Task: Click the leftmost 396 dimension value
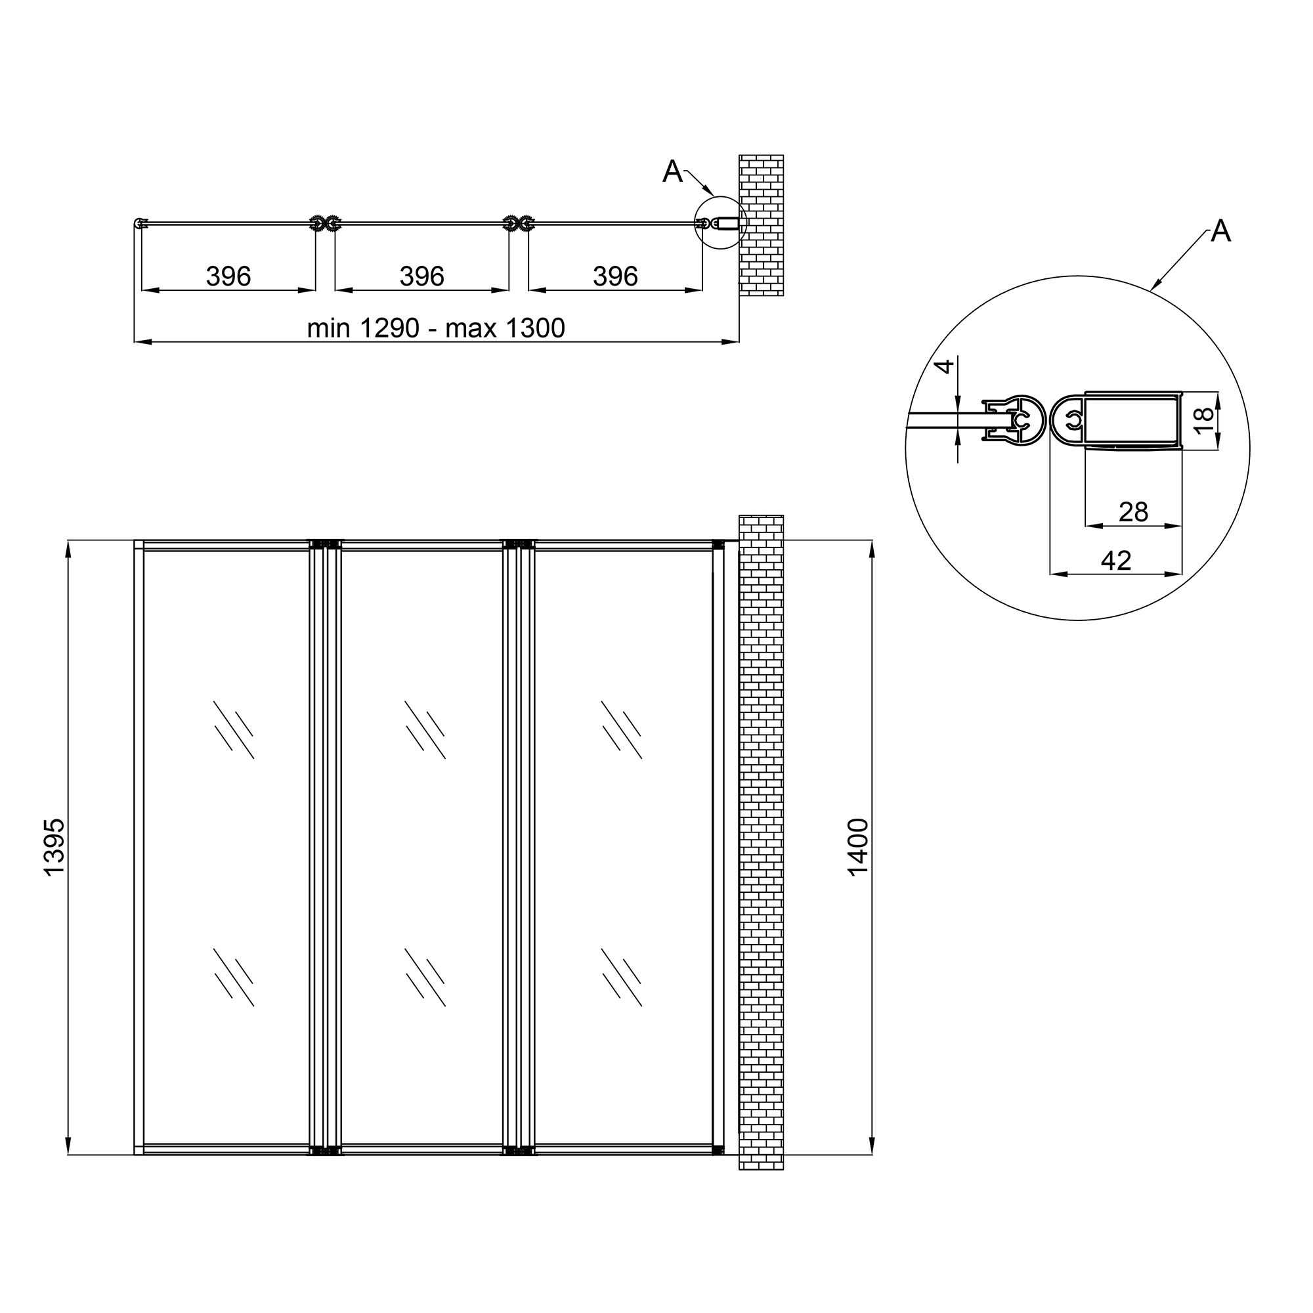point(228,276)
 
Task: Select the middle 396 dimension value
point(421,276)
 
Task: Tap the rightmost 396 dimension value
point(615,276)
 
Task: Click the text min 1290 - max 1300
point(436,328)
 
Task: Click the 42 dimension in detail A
point(1115,561)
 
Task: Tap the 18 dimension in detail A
point(1202,421)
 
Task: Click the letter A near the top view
point(672,172)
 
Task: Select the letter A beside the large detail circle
point(1220,232)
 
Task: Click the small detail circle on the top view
point(720,223)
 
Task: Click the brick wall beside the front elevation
point(761,843)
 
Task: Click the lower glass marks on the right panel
point(621,977)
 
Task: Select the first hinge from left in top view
point(325,223)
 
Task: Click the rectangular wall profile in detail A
point(1132,422)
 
